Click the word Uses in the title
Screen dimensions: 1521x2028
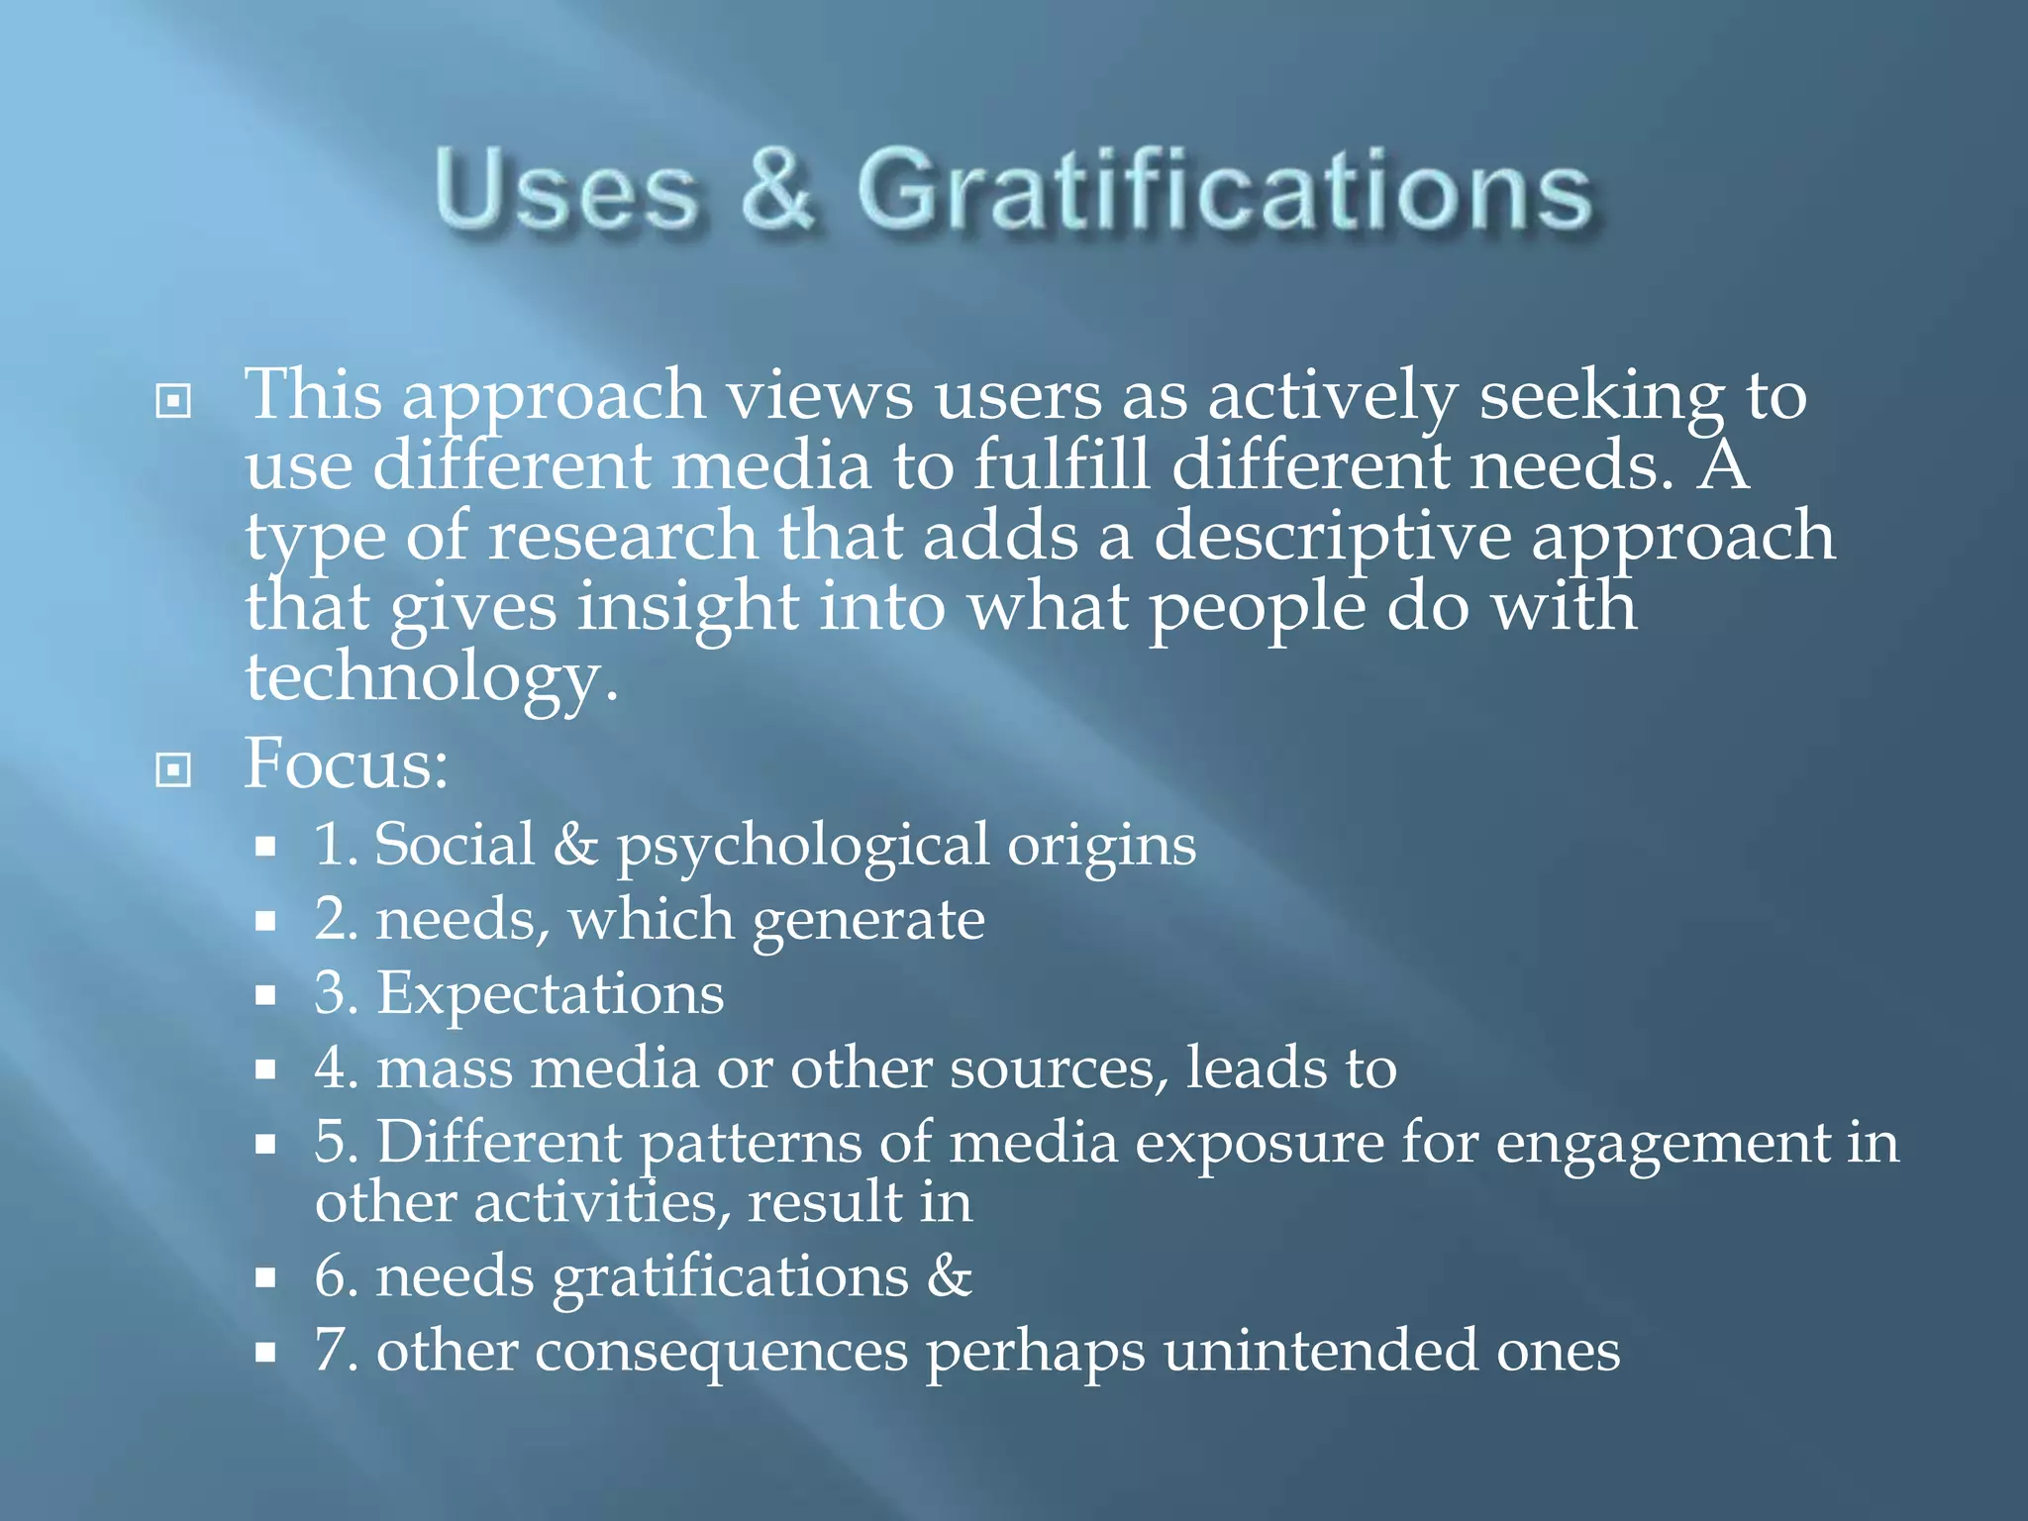pos(565,189)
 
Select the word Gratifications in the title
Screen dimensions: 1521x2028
pos(1224,189)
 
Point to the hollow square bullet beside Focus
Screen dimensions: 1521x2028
pos(173,769)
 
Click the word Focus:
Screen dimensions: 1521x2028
pos(347,764)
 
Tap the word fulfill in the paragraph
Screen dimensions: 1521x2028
pos(1062,464)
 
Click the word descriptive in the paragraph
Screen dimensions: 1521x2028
pos(1332,536)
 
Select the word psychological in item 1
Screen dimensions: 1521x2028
pos(802,848)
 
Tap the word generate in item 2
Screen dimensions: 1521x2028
pos(868,922)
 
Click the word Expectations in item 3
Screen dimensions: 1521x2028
pos(550,994)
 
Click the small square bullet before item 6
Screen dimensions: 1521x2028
pos(264,1277)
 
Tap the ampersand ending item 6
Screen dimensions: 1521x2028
pos(950,1275)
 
